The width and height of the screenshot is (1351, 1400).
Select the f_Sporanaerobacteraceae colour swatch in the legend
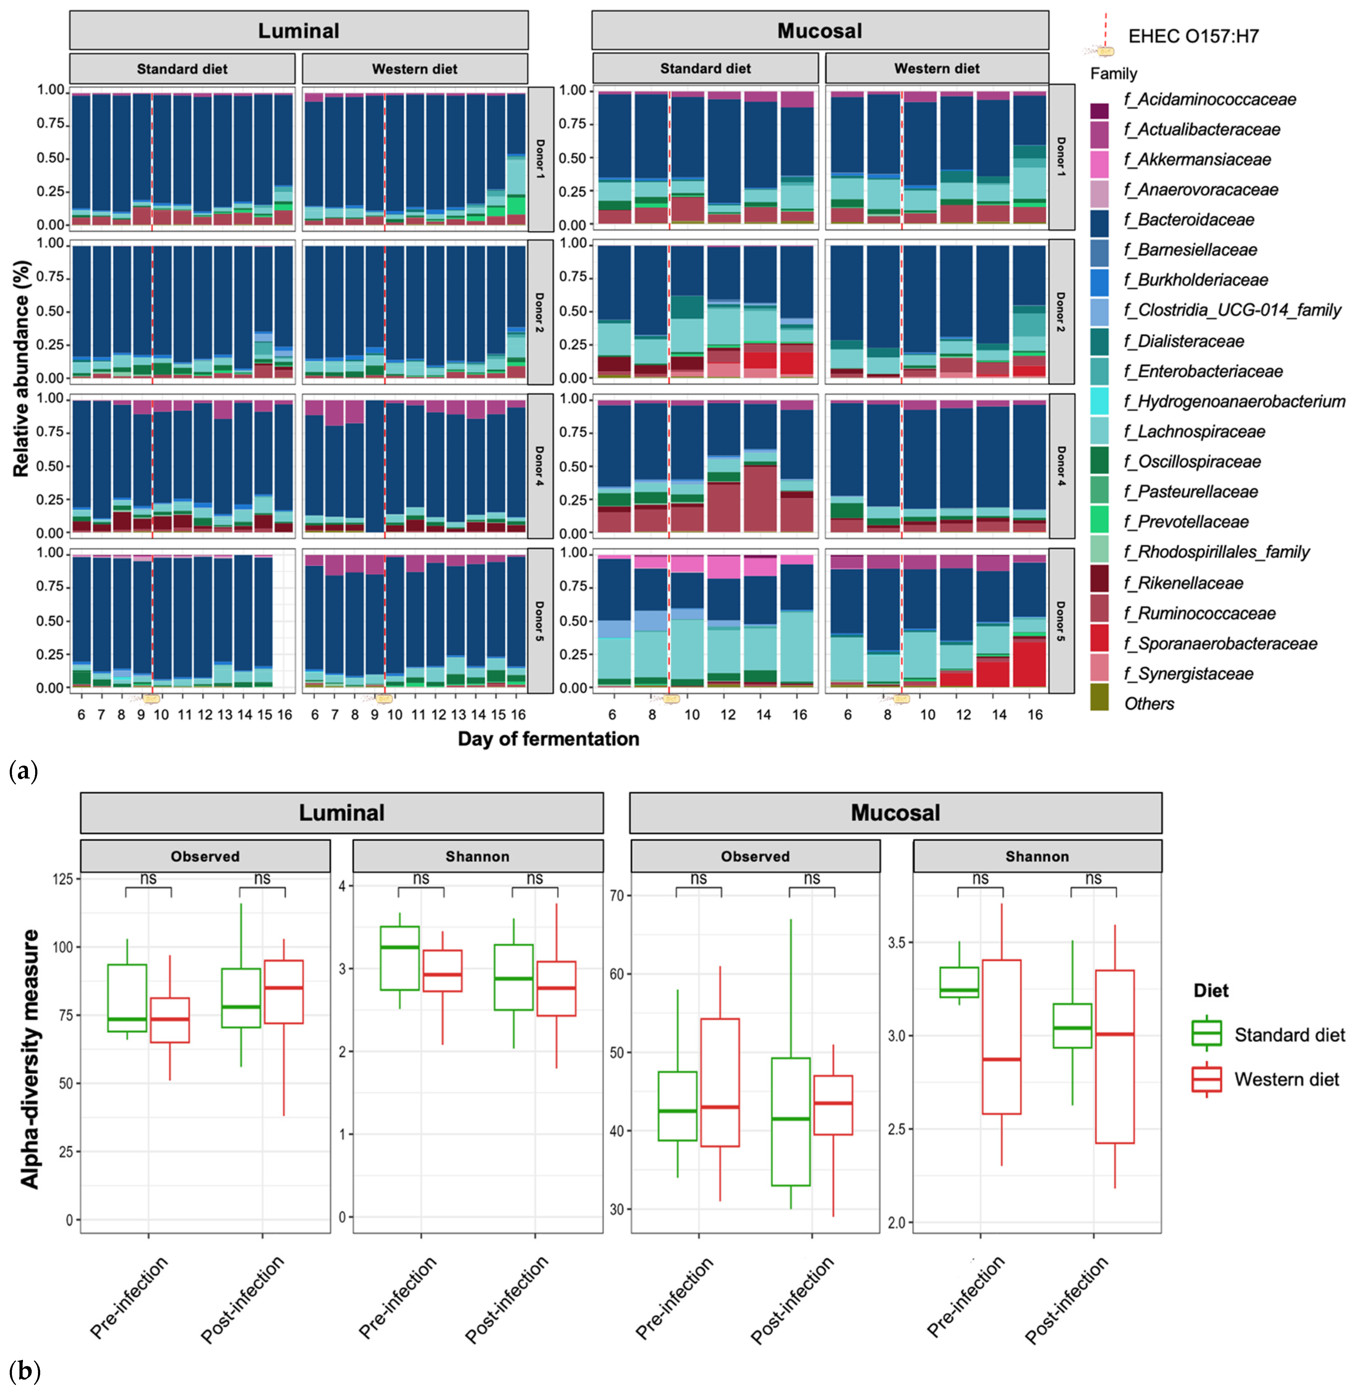[1099, 643]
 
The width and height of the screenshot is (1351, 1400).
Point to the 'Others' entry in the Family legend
[1149, 703]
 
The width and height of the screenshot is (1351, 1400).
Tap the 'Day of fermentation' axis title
[548, 739]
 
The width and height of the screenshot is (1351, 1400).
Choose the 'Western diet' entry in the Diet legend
[1286, 1079]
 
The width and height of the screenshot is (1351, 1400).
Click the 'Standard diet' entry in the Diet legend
[1289, 1035]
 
